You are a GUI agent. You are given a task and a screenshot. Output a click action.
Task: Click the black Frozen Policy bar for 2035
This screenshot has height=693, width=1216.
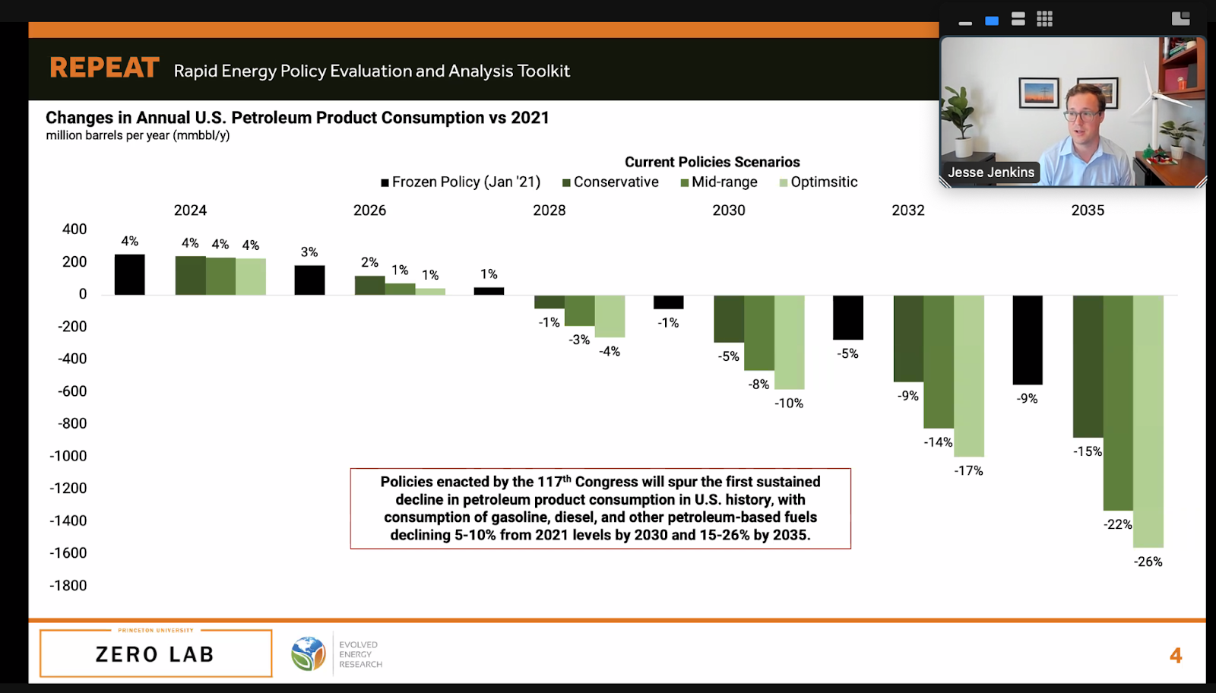pyautogui.click(x=1028, y=340)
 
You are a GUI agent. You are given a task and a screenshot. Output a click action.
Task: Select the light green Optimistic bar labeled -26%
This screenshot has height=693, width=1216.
pyautogui.click(x=1148, y=421)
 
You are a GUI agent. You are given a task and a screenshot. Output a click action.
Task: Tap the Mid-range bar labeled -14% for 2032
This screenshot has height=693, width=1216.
pyautogui.click(x=939, y=362)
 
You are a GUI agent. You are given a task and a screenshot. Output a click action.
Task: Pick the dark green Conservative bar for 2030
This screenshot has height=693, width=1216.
pyautogui.click(x=729, y=318)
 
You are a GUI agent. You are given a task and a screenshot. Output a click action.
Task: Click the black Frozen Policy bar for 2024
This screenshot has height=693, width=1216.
pyautogui.click(x=130, y=274)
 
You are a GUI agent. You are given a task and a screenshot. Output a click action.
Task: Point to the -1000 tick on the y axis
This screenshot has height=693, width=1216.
pyautogui.click(x=68, y=456)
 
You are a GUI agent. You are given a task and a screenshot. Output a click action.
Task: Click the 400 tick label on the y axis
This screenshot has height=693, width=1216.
pyautogui.click(x=74, y=229)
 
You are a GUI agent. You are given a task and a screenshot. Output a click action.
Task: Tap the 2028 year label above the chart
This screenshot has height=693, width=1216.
pyautogui.click(x=549, y=210)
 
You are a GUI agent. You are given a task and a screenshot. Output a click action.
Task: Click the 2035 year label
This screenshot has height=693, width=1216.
pyautogui.click(x=1088, y=210)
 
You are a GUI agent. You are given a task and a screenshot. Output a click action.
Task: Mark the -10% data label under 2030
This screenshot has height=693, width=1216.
pyautogui.click(x=789, y=403)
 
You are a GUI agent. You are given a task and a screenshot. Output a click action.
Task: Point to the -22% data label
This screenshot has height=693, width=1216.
pyautogui.click(x=1118, y=524)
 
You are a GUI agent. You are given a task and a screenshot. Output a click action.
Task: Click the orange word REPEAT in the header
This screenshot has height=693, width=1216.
pyautogui.click(x=105, y=68)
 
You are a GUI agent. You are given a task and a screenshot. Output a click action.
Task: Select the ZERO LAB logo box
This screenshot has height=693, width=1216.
pyautogui.click(x=156, y=653)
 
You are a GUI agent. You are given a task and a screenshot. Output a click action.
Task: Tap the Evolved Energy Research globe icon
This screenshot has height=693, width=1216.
pyautogui.click(x=308, y=653)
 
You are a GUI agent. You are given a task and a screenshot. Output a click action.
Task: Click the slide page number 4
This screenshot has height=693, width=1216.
pyautogui.click(x=1176, y=656)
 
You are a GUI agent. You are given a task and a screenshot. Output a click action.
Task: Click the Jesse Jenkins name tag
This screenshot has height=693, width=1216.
pyautogui.click(x=991, y=172)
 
